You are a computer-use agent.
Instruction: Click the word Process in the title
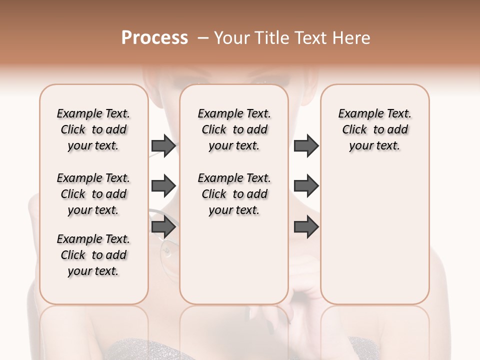tap(154, 38)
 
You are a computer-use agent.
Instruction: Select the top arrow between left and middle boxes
tap(163, 145)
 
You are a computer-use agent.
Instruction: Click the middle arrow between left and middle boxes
tap(163, 186)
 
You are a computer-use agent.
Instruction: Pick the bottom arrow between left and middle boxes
tap(163, 227)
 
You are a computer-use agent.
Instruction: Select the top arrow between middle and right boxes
tap(306, 145)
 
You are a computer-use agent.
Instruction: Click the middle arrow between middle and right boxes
tap(306, 186)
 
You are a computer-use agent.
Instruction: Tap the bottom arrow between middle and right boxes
tap(306, 227)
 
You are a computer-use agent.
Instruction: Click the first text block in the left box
tap(93, 129)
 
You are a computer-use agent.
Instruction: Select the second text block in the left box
tap(93, 194)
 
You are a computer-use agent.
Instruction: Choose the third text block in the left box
tap(93, 255)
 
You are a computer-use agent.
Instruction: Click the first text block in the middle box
tap(234, 129)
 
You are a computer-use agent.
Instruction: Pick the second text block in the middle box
tap(234, 194)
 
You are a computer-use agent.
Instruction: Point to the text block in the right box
tap(374, 129)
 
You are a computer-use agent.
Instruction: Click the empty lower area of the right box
tap(374, 240)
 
